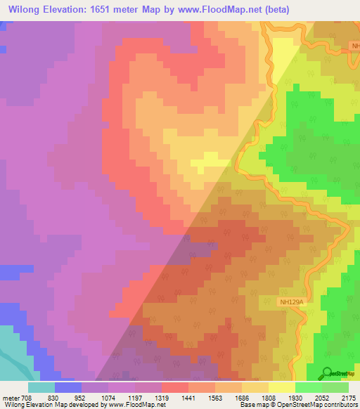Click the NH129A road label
[291, 302]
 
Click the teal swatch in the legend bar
[41, 387]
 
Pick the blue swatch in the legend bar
[68, 387]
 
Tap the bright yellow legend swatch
[282, 387]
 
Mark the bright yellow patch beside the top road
[283, 56]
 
